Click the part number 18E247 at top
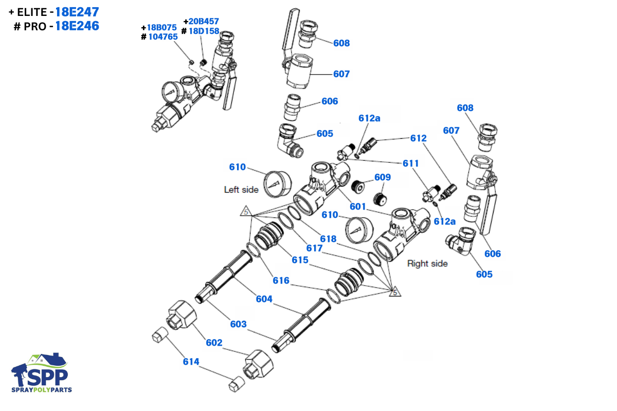(77, 12)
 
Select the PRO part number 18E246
(77, 26)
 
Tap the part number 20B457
(204, 22)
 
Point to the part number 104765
(163, 36)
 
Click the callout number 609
(383, 177)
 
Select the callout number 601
(358, 207)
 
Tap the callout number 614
(191, 361)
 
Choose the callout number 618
(328, 238)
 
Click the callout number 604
(264, 299)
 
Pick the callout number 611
(411, 163)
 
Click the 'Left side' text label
(241, 190)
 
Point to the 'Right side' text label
(427, 264)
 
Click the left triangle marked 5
(246, 211)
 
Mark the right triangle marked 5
(394, 292)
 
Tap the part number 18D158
(204, 31)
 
